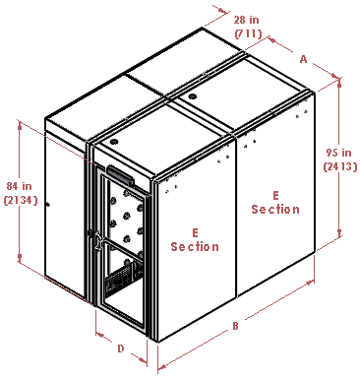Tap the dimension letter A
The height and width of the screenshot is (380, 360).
(x=303, y=59)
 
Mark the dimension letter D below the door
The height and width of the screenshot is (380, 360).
(x=119, y=348)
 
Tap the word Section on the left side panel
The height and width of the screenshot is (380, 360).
(x=195, y=246)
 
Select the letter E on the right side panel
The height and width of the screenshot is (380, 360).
(x=275, y=195)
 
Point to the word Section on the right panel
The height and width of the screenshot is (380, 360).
(x=275, y=209)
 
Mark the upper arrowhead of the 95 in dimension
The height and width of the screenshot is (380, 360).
(x=339, y=82)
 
